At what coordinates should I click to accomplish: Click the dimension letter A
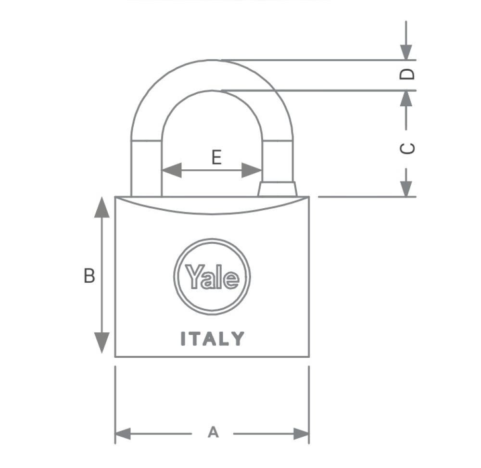point(213,432)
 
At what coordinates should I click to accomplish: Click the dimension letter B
point(89,276)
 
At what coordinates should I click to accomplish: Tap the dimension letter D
point(407,74)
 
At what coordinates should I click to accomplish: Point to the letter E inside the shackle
point(216,157)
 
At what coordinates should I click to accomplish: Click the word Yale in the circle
point(212,277)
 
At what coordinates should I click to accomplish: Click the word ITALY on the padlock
point(212,339)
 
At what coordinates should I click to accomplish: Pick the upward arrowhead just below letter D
point(406,99)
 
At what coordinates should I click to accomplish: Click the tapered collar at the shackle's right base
point(278,189)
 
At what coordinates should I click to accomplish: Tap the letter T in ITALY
point(195,339)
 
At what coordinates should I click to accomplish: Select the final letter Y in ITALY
point(238,339)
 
